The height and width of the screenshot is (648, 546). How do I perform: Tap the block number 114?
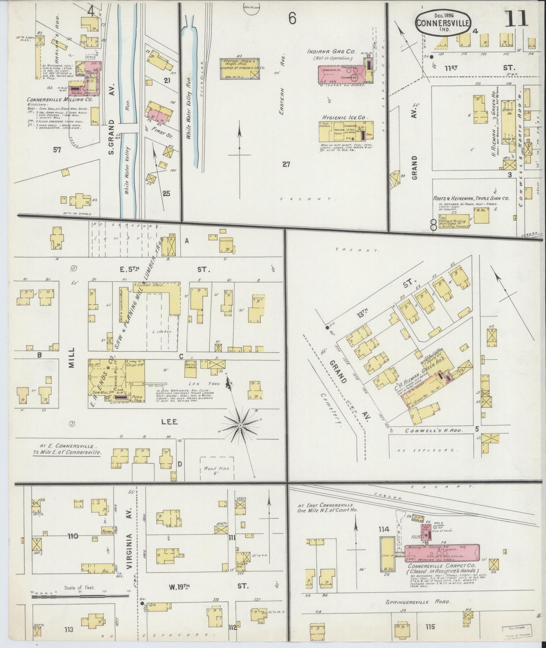coord(384,529)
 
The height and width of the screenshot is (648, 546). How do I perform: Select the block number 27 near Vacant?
coord(286,164)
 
